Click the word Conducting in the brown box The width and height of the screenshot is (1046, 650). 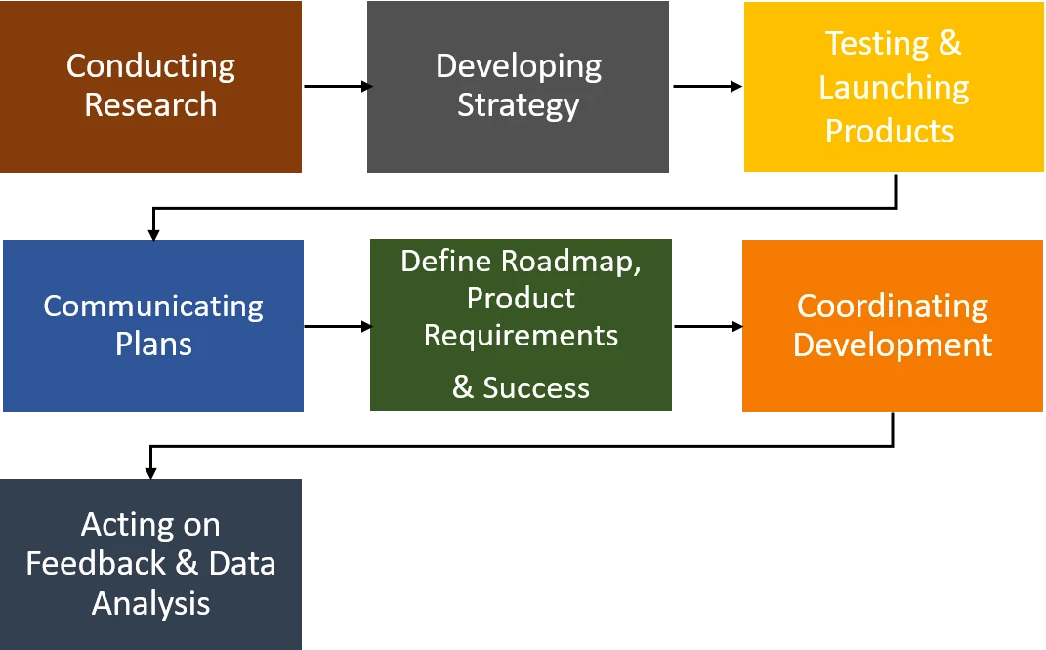[150, 67]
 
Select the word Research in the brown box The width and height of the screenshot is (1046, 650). [150, 105]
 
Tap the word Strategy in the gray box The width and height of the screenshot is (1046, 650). [519, 106]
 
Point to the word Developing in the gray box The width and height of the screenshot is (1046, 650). [519, 67]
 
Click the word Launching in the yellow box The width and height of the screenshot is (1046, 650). [894, 89]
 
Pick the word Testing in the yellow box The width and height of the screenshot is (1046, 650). [877, 45]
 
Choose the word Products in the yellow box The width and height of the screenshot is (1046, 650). [890, 131]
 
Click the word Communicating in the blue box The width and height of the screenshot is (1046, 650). [153, 307]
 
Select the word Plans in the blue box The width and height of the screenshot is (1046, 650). [153, 344]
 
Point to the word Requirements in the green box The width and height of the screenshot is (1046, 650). [521, 336]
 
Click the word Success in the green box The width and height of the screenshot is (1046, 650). [536, 388]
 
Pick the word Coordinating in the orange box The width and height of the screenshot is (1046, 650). [893, 307]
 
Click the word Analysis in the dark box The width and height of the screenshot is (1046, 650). [150, 605]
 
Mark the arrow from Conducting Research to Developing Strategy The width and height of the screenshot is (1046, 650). [338, 86]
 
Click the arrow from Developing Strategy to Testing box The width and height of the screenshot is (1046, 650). [708, 86]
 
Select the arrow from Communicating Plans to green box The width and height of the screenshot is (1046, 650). [338, 326]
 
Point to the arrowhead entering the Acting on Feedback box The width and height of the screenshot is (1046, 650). [150, 472]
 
